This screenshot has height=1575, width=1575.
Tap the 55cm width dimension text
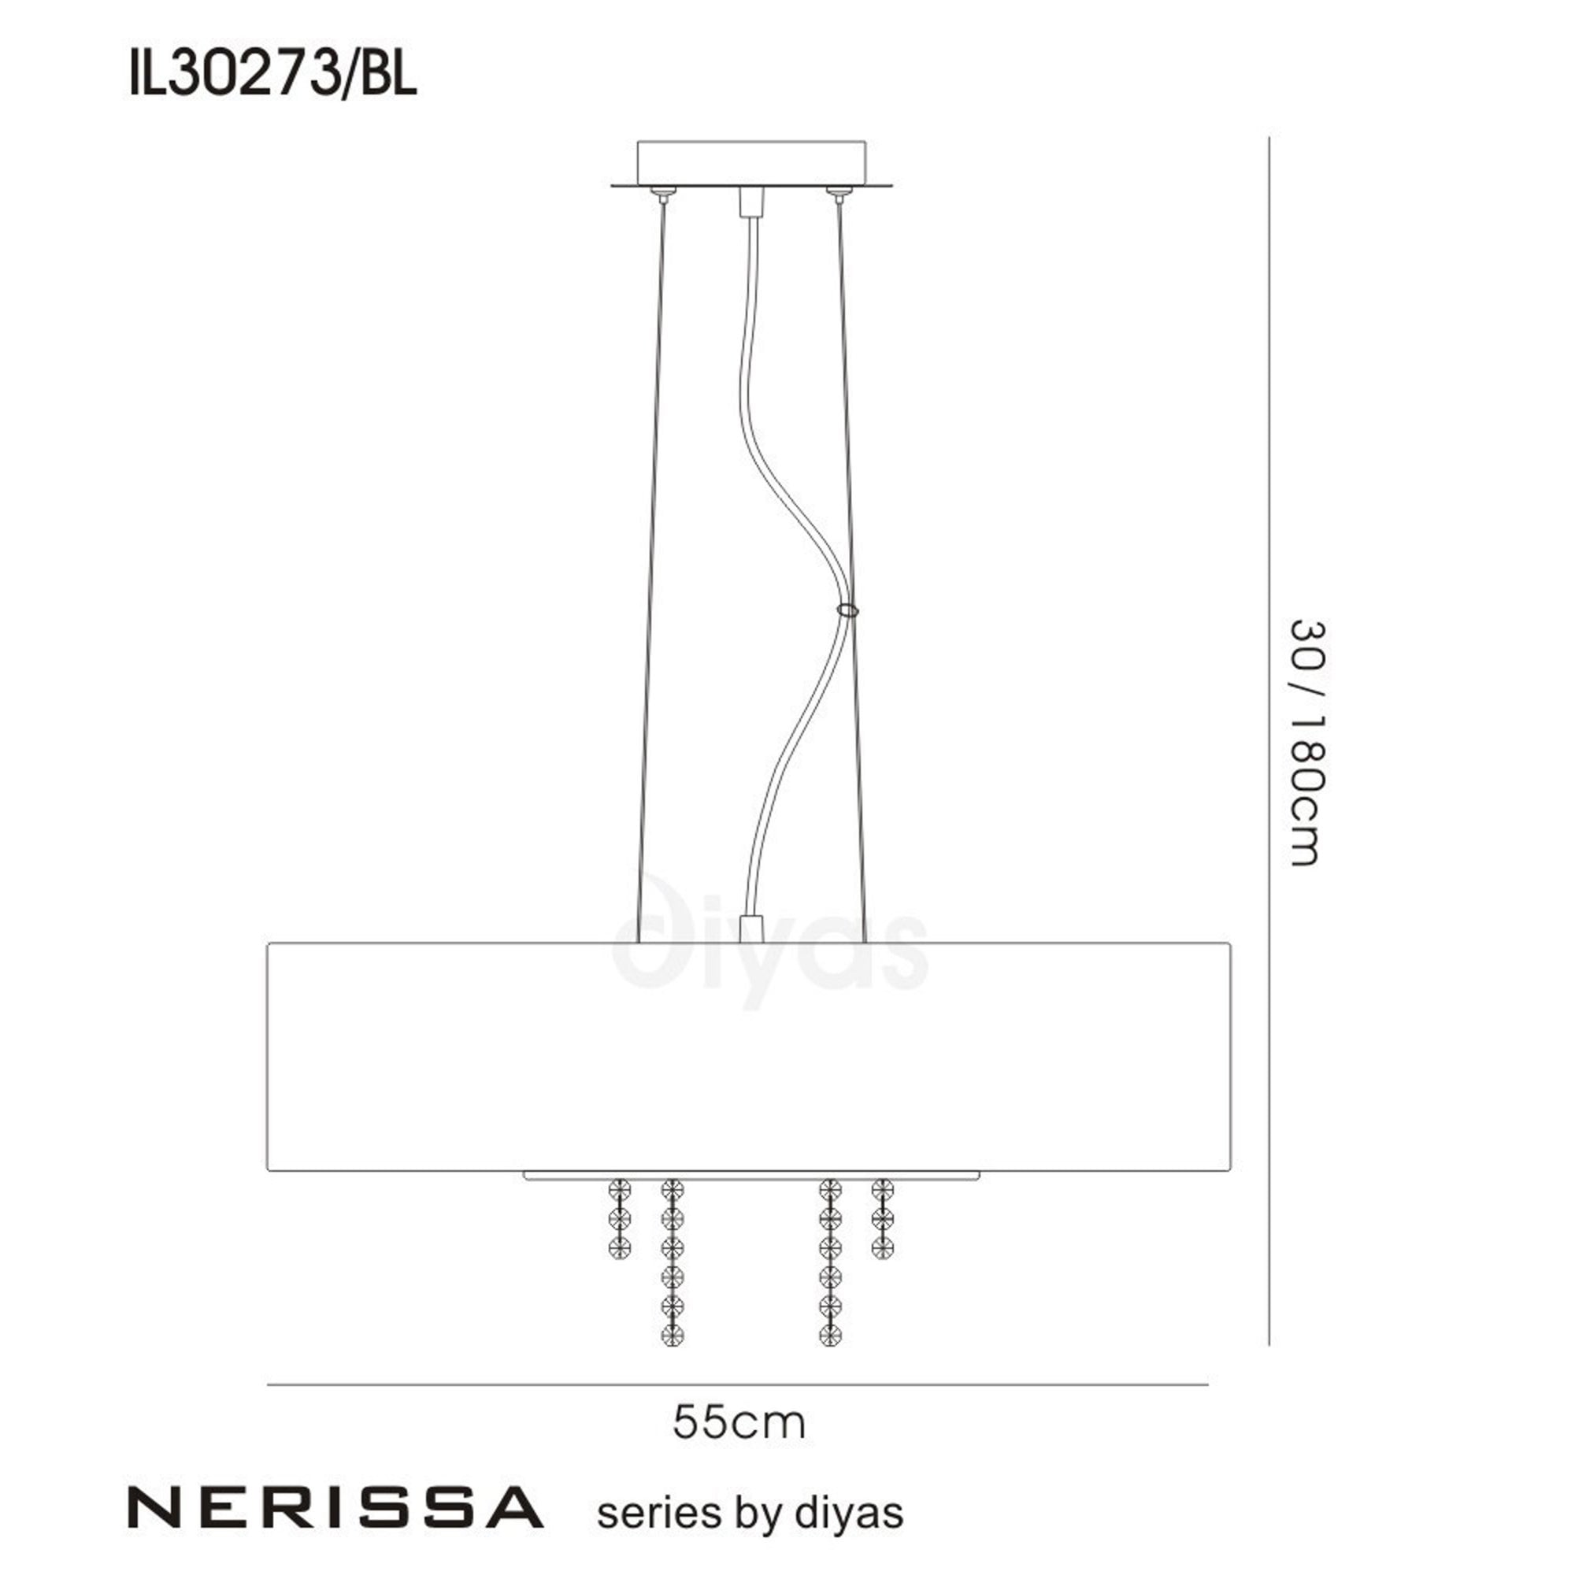point(739,1423)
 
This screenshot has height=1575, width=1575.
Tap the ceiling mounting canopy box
point(750,162)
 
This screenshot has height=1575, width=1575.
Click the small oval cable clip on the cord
point(847,610)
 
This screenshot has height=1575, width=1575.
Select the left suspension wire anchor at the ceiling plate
point(664,192)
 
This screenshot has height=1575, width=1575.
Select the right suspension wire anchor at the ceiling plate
point(837,192)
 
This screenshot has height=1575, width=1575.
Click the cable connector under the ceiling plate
point(750,202)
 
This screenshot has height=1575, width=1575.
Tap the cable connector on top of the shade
point(750,928)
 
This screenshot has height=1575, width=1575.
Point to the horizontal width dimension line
point(737,1384)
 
